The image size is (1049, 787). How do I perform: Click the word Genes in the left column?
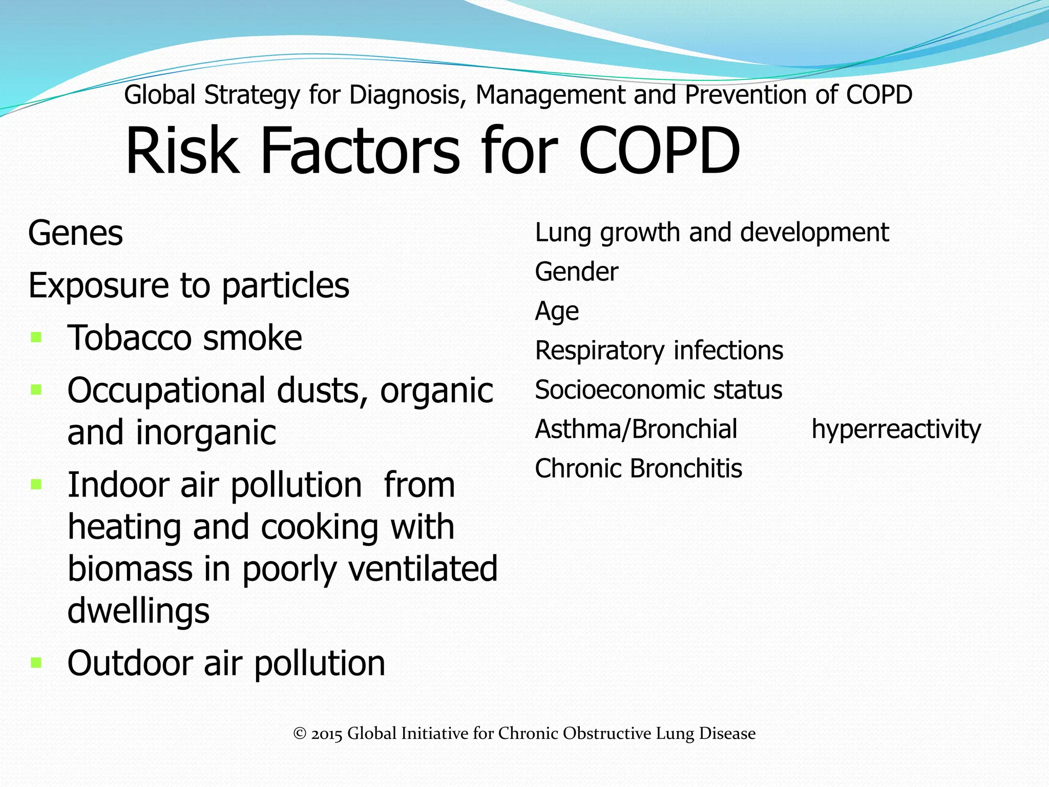[x=75, y=234]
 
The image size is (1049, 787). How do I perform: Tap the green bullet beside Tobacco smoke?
[x=36, y=337]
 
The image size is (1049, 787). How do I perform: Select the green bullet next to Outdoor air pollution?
[x=36, y=662]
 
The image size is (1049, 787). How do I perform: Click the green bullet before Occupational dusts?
[x=36, y=390]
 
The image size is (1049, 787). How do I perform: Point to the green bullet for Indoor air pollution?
[x=36, y=484]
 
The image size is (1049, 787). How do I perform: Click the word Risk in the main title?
[x=182, y=151]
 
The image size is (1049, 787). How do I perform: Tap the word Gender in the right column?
[x=576, y=272]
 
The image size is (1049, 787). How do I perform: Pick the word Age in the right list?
[x=557, y=312]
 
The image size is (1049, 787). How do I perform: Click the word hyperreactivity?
[x=896, y=429]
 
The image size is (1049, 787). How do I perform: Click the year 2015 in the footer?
[x=327, y=734]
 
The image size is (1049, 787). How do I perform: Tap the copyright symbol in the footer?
[x=300, y=734]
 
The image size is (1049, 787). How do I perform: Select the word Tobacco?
[x=130, y=338]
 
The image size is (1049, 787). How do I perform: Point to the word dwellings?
[x=138, y=611]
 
